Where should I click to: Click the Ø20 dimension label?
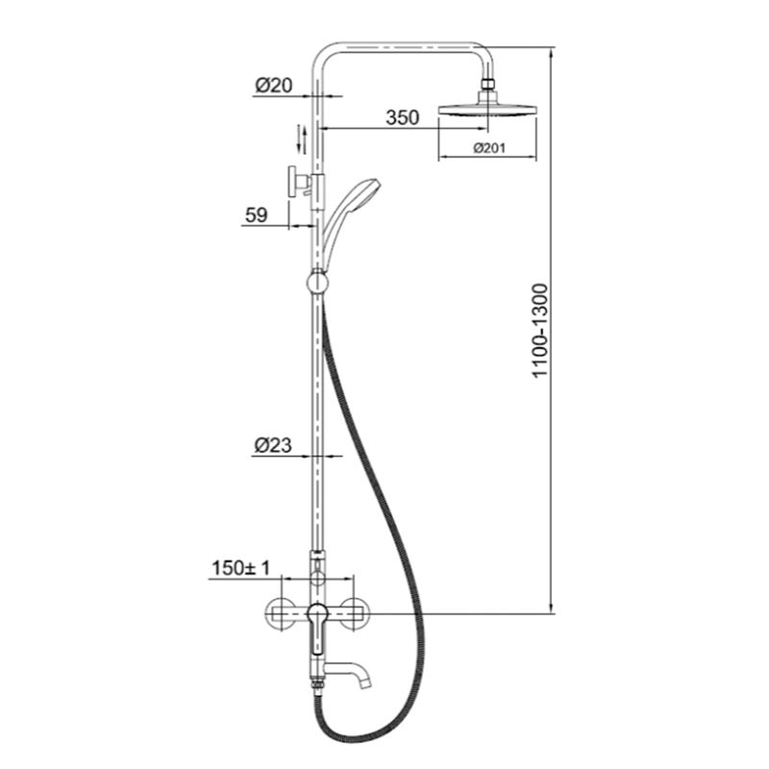tap(273, 86)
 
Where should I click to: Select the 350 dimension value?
tap(402, 118)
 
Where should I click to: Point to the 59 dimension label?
tap(255, 215)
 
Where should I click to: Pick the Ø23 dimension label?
tap(273, 445)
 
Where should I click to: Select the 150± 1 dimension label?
tap(238, 569)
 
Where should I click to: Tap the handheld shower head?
tap(359, 191)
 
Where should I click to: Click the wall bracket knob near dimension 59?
tap(290, 182)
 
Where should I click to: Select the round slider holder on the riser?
tap(316, 284)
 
